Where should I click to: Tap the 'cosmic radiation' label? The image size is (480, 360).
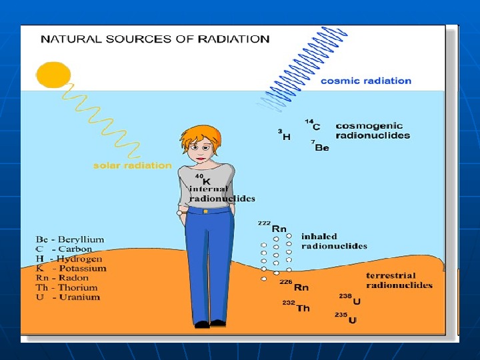(x=366, y=81)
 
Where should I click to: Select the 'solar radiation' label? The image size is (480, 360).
(x=132, y=165)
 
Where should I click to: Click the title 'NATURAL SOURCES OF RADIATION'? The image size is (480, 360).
(x=155, y=39)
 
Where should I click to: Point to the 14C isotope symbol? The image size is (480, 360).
(x=313, y=125)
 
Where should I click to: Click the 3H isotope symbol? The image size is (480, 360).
(x=285, y=135)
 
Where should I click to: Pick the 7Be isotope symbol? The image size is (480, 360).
(x=320, y=146)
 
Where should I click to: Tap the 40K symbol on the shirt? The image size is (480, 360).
(x=203, y=179)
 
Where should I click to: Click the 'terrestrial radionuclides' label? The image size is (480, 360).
(x=399, y=280)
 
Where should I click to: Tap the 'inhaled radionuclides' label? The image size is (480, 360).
(x=334, y=241)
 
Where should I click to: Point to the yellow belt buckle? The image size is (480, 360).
(x=206, y=211)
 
